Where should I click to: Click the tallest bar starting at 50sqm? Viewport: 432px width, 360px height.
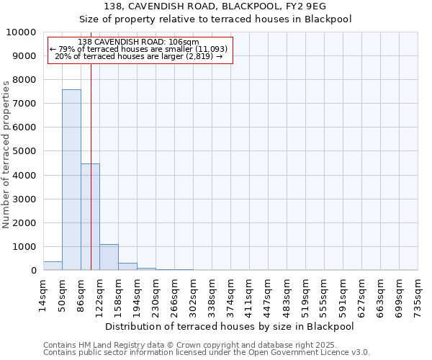point(71,180)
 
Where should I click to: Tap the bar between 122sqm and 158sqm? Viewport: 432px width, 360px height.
point(109,257)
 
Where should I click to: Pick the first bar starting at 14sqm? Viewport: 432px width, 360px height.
point(53,266)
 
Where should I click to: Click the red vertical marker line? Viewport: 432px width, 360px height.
point(91,144)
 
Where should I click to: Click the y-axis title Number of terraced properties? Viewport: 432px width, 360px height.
point(7,154)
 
